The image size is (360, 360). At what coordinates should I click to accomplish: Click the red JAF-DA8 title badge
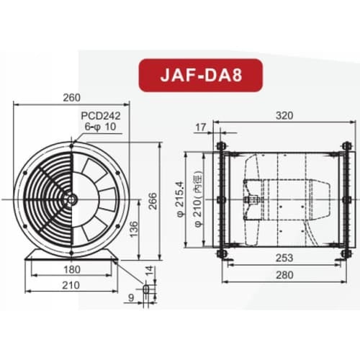[x=179, y=75]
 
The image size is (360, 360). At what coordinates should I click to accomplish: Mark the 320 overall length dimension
[x=284, y=114]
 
